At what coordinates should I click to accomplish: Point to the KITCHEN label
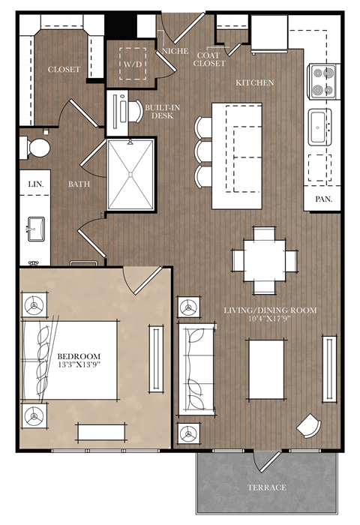(254, 82)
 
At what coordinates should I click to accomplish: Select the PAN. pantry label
(324, 199)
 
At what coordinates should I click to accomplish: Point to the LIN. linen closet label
(34, 183)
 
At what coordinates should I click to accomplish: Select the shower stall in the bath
(130, 175)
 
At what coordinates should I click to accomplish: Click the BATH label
(79, 183)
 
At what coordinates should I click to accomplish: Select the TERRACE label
(266, 487)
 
